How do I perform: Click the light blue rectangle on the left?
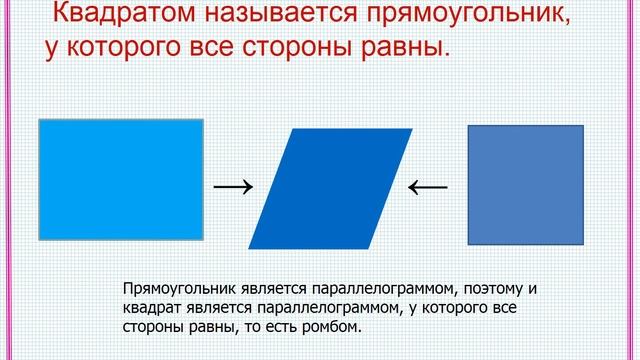(121, 178)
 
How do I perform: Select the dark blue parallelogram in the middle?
(329, 187)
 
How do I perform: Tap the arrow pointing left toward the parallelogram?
(428, 185)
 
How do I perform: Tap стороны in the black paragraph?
(151, 327)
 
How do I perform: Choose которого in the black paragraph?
(455, 308)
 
